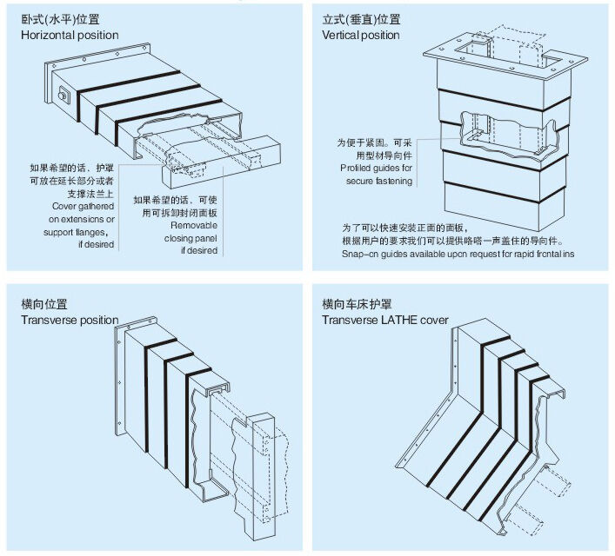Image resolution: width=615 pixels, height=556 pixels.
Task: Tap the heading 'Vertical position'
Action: (x=361, y=36)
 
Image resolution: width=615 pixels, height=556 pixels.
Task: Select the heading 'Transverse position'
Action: (x=70, y=320)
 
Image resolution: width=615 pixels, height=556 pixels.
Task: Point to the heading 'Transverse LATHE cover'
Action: (x=385, y=320)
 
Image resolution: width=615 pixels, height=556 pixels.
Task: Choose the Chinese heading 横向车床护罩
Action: (x=357, y=304)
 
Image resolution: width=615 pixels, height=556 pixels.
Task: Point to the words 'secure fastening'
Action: (x=376, y=182)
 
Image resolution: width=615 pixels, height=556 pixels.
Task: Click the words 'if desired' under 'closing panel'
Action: (x=198, y=250)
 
